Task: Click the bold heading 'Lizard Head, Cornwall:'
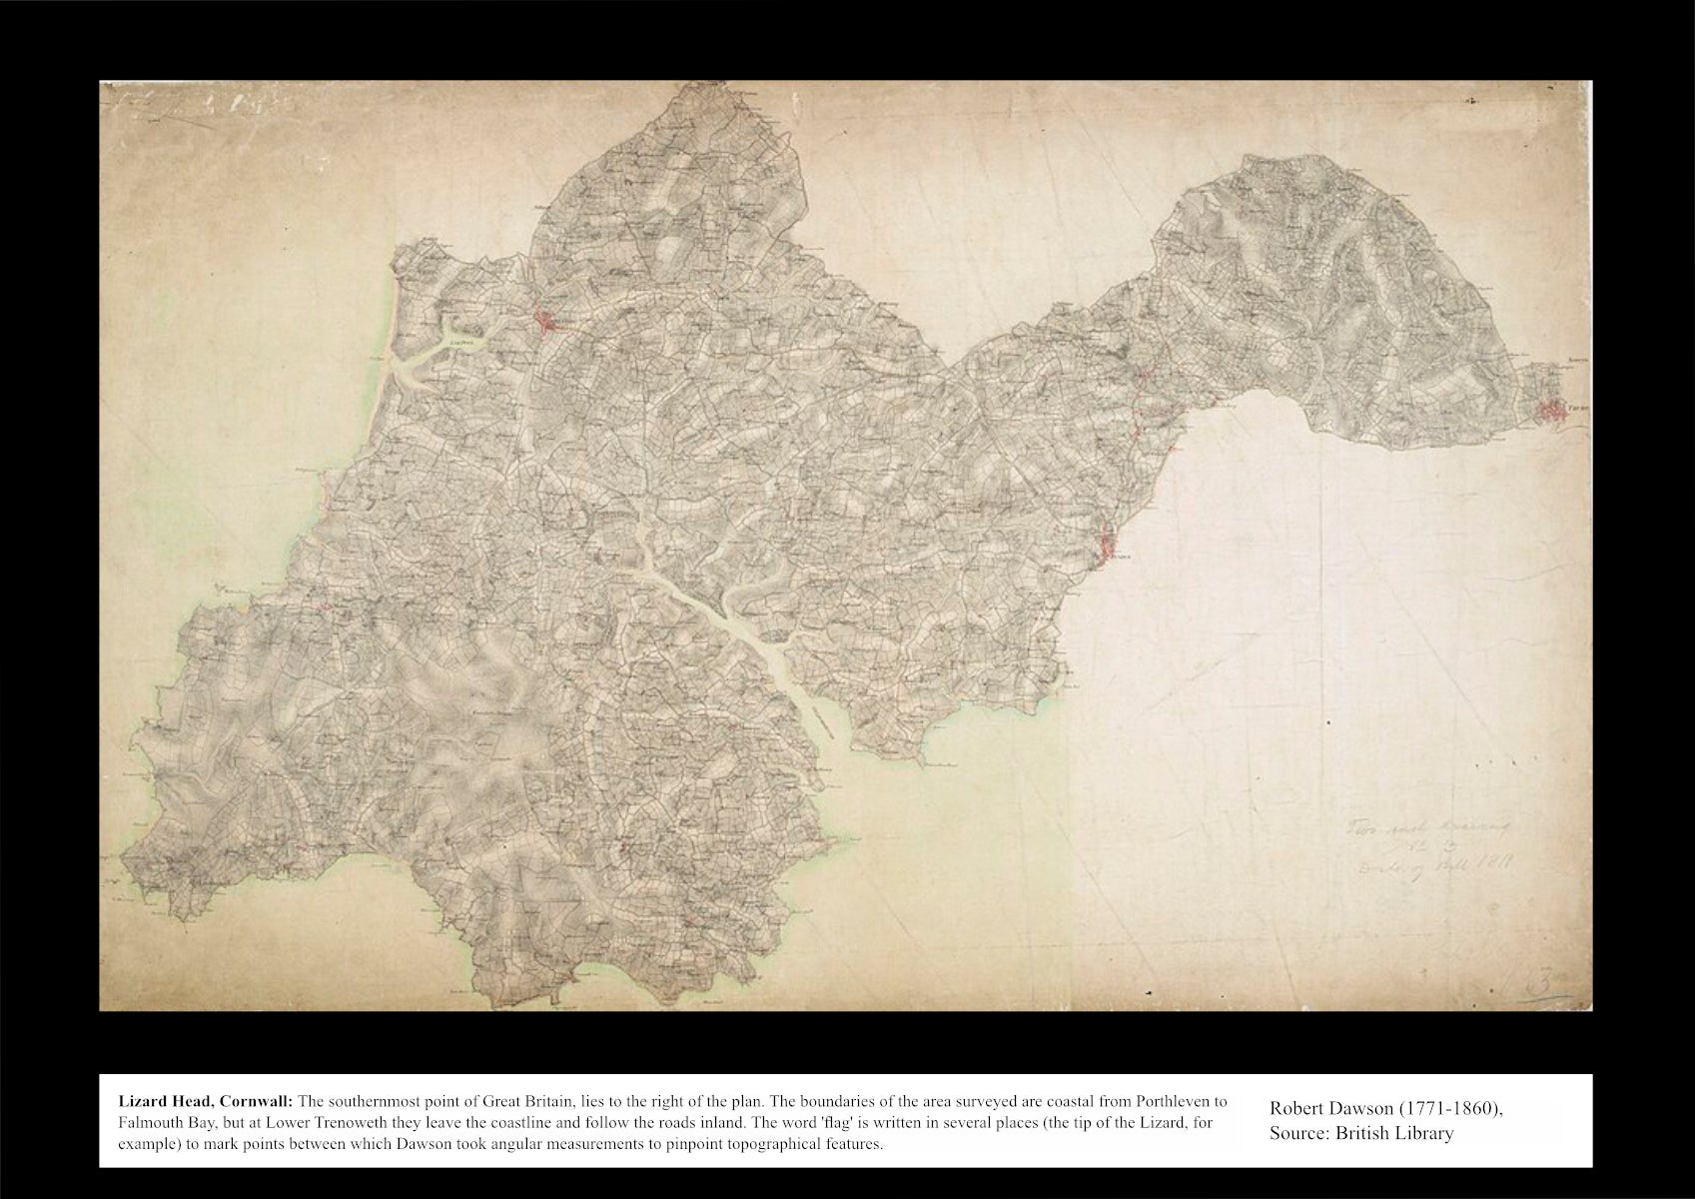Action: (x=205, y=1101)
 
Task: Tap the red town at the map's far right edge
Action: (x=1553, y=409)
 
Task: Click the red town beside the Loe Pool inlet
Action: (x=547, y=321)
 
